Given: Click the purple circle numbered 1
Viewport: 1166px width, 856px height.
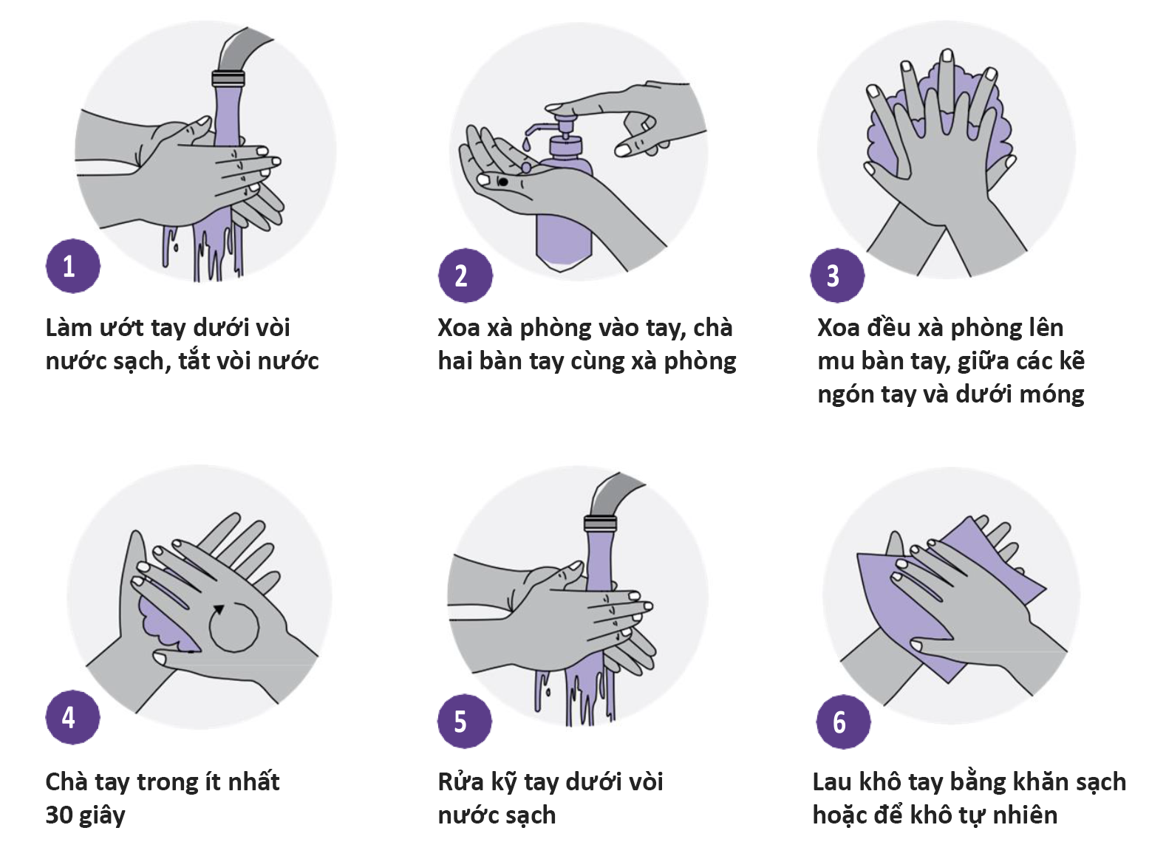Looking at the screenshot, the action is tap(73, 266).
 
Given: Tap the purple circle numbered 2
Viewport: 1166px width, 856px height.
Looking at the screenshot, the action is tap(466, 275).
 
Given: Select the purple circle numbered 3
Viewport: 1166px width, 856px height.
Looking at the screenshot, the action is tap(837, 275).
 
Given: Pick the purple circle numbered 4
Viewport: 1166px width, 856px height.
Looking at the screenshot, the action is tap(73, 717).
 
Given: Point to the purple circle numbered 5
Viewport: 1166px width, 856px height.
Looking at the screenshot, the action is tap(464, 722).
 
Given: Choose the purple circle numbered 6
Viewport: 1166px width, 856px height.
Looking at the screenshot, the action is tap(843, 722).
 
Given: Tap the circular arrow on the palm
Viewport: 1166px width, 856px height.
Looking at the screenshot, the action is tap(233, 626).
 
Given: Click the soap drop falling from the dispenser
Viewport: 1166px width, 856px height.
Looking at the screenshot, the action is tap(526, 143).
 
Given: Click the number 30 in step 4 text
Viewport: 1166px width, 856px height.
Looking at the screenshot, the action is tap(59, 815).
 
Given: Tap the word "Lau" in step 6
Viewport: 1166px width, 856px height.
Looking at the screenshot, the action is tap(832, 782).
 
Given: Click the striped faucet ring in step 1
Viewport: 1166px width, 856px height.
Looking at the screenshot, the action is tap(228, 79).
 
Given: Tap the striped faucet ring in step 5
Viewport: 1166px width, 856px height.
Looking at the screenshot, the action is tap(600, 523).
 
